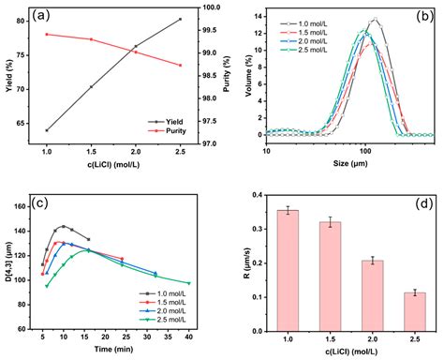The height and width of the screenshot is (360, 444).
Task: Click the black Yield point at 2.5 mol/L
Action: (x=180, y=20)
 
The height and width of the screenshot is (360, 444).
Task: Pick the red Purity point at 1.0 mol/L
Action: (x=47, y=35)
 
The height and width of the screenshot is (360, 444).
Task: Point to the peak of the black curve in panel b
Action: (x=376, y=19)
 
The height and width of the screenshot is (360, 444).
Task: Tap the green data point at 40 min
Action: (x=188, y=283)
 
